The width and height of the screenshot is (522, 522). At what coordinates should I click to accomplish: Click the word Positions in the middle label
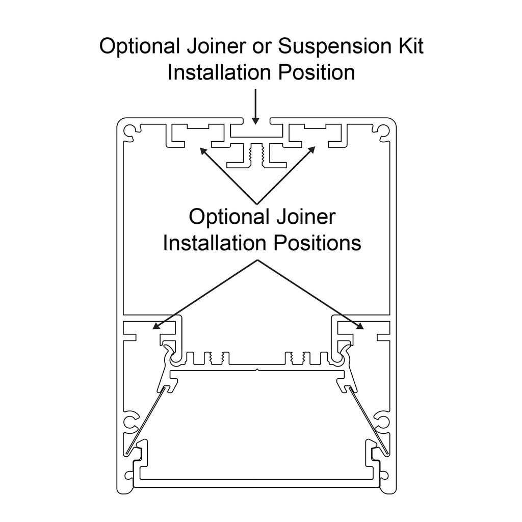point(318,243)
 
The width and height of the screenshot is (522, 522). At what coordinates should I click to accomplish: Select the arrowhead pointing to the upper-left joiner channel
point(203,150)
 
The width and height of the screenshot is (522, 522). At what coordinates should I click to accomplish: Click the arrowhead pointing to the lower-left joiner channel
point(156,326)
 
